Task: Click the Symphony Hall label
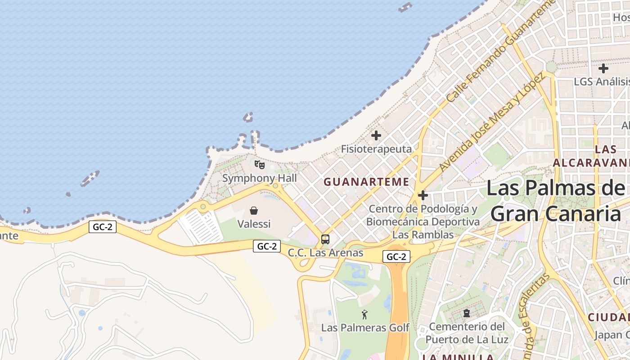coord(260,178)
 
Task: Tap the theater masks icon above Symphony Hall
coord(260,165)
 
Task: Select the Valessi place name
coord(254,224)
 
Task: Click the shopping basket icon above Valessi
coord(254,211)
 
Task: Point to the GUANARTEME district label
coord(366,182)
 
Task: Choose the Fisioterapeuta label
coord(376,149)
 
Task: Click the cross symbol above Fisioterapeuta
coord(376,135)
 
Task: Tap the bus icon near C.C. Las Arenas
coord(325,239)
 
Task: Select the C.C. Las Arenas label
coord(325,253)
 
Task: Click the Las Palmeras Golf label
coord(365,328)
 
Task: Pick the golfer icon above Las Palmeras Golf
coord(365,315)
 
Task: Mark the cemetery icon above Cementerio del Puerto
coord(467,313)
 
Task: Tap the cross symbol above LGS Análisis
coord(603,68)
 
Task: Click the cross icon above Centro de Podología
coord(423,195)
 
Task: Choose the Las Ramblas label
coord(423,234)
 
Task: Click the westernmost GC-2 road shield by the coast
coord(103,227)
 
